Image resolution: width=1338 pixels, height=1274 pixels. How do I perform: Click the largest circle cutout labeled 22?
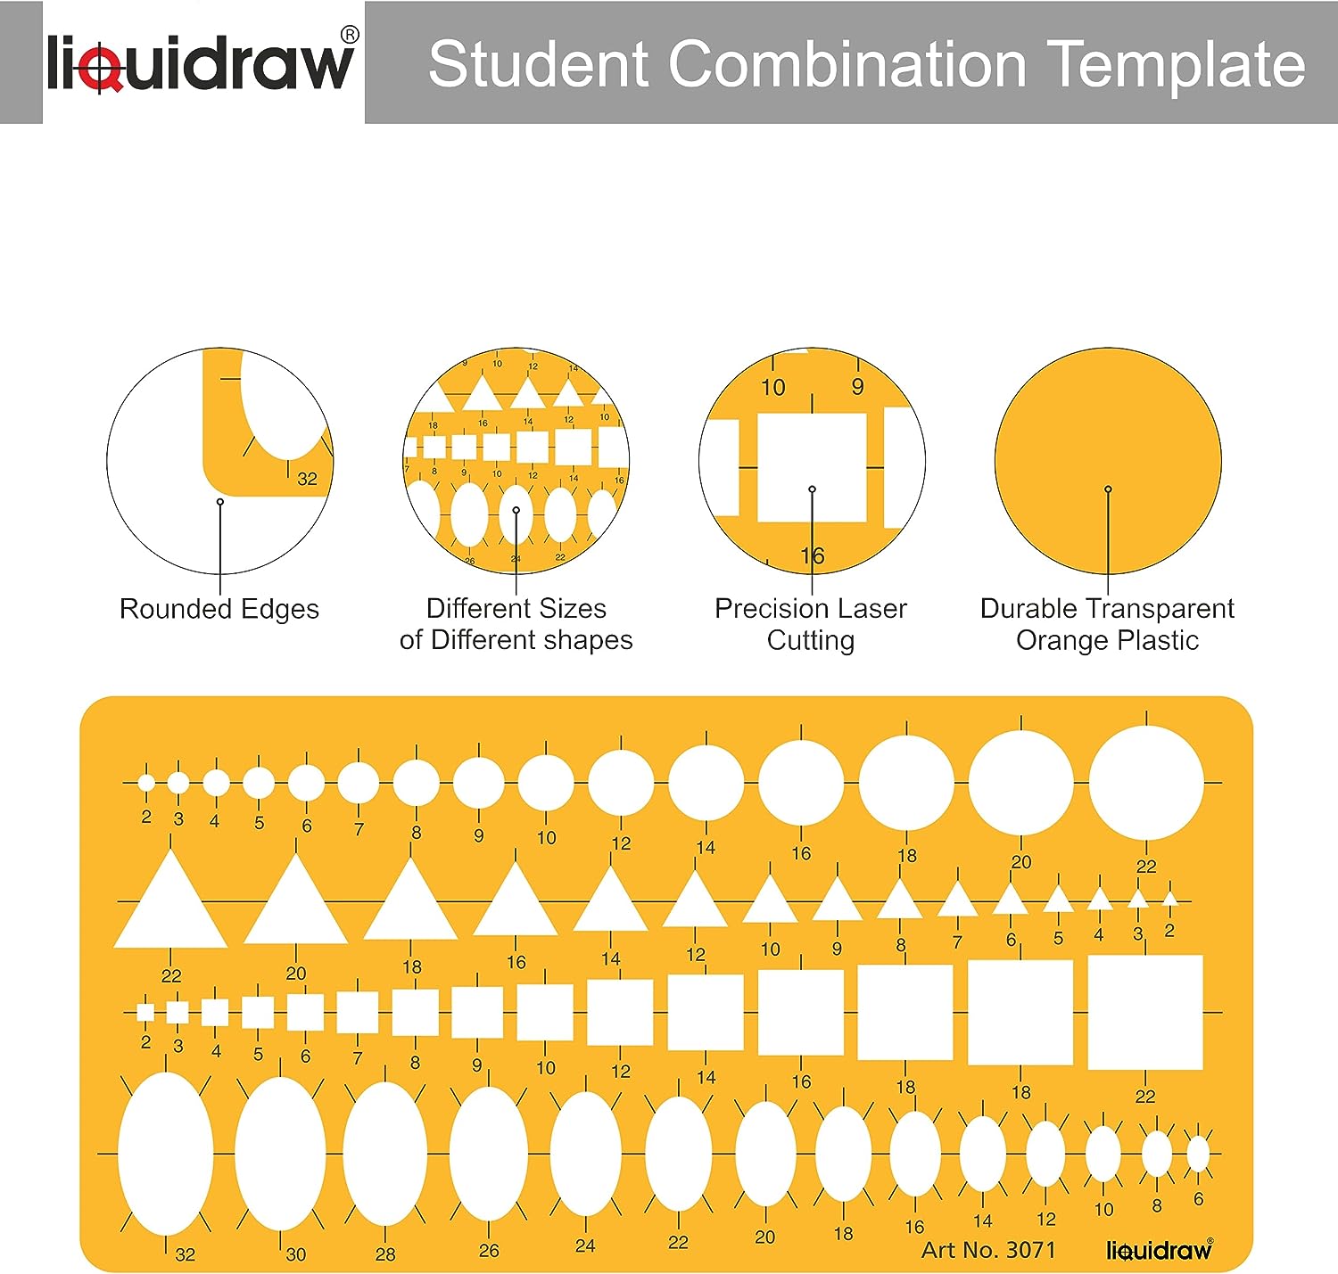tap(1146, 782)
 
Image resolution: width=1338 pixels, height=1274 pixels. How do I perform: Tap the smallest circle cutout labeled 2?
tap(146, 783)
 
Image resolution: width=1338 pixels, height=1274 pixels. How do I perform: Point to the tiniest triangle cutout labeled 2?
tap(1170, 900)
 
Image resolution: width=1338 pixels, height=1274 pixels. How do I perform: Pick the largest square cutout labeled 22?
tap(1145, 1012)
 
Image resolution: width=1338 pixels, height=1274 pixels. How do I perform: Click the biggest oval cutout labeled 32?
tap(165, 1154)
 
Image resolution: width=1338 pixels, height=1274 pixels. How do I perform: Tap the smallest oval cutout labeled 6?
tap(1198, 1154)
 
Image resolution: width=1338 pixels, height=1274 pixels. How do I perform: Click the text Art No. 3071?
tap(988, 1250)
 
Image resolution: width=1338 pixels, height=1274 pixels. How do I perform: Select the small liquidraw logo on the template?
tap(1160, 1250)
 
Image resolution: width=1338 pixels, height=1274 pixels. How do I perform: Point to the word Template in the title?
tap(1177, 64)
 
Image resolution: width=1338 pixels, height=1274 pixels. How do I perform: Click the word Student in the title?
tap(538, 64)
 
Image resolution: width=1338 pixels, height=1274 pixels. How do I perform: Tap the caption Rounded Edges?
tap(219, 609)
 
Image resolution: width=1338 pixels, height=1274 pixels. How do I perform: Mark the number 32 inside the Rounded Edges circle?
tap(308, 479)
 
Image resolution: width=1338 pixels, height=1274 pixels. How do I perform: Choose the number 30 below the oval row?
tap(296, 1254)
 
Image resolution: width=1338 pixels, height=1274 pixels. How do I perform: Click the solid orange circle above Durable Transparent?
tap(1108, 461)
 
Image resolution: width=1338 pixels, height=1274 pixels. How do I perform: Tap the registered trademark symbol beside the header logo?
tap(349, 36)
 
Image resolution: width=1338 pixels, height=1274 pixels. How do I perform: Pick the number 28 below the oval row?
tap(385, 1254)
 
